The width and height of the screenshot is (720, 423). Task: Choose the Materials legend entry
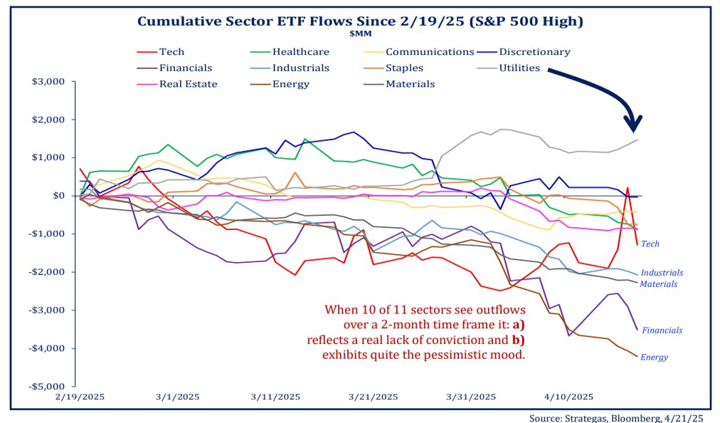tap(410, 84)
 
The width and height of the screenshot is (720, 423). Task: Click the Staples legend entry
tap(404, 68)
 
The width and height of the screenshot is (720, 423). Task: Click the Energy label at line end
tap(654, 357)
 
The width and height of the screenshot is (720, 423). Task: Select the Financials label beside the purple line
tap(662, 330)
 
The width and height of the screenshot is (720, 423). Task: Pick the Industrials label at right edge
tap(662, 273)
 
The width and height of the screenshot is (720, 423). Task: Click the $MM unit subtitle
tap(359, 32)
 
